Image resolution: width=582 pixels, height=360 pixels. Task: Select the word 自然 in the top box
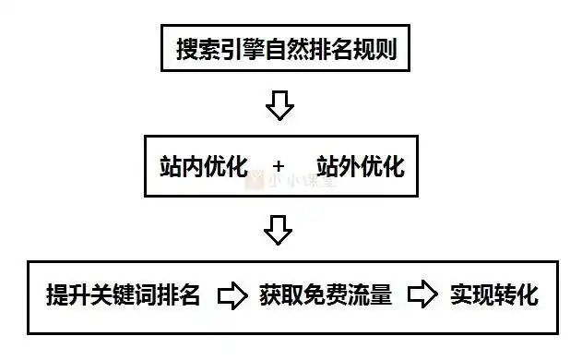(x=286, y=49)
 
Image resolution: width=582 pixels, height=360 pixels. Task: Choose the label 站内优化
(x=197, y=167)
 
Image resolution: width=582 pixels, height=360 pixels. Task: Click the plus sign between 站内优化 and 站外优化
(x=279, y=168)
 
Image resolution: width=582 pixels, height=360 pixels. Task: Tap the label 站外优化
(x=361, y=167)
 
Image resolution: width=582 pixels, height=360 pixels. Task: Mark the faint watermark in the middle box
(x=291, y=181)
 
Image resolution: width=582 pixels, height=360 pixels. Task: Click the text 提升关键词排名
(x=123, y=296)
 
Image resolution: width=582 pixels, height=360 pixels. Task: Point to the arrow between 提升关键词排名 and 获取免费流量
(x=232, y=296)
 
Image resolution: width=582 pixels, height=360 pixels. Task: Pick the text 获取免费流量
(x=326, y=296)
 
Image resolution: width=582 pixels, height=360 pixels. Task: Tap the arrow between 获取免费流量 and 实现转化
(x=422, y=296)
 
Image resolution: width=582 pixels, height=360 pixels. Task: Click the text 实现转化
(x=493, y=296)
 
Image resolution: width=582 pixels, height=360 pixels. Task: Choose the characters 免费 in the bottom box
(x=326, y=296)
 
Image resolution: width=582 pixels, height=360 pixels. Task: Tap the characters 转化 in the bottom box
(x=516, y=296)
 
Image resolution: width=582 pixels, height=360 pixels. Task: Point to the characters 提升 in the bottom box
(x=67, y=296)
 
